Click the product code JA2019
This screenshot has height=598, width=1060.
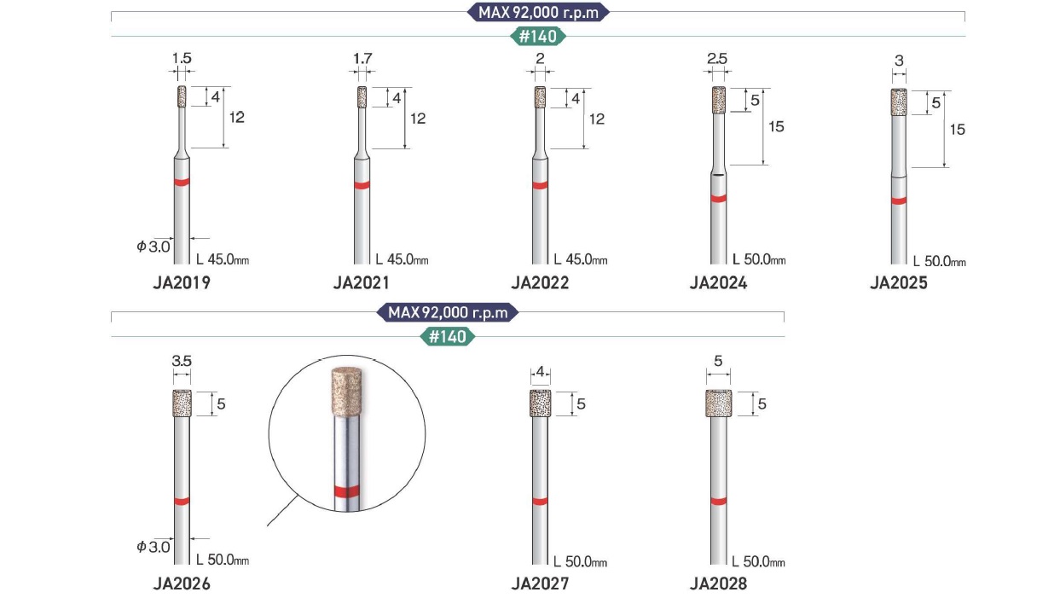pos(182,282)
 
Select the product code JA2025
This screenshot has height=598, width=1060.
pos(899,282)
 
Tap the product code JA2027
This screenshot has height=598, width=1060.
pos(540,583)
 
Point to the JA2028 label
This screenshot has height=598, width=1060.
pos(718,583)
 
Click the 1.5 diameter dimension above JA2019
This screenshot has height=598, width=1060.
pos(182,58)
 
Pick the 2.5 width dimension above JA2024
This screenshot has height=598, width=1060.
pos(717,59)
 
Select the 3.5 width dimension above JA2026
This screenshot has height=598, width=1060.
pos(182,361)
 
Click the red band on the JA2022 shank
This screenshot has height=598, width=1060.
pos(540,185)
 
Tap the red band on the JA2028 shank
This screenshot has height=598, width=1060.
pos(718,501)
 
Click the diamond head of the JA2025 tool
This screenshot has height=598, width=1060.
pos(899,102)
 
